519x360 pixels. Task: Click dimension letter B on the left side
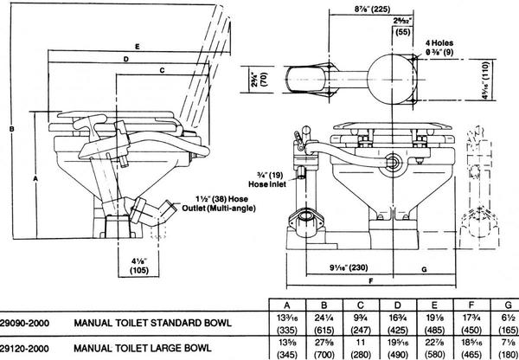point(8,128)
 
